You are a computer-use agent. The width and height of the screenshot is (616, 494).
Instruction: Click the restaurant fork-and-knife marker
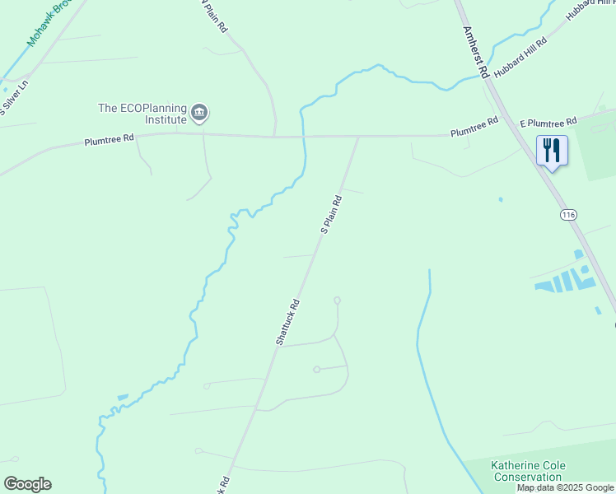[551, 151]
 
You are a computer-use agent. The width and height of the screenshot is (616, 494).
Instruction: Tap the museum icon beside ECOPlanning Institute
[199, 112]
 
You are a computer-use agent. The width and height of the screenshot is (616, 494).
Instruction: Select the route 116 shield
[567, 215]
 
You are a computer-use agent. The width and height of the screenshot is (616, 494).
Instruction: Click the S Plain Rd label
[331, 214]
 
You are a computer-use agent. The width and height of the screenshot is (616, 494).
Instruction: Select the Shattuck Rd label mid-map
[288, 321]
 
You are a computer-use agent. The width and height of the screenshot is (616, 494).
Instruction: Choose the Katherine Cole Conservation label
[527, 471]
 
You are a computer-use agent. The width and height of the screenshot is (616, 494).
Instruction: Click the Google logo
[27, 484]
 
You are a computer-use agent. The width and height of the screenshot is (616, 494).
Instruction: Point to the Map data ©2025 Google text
[566, 488]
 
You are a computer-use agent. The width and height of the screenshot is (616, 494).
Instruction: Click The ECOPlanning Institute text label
[142, 113]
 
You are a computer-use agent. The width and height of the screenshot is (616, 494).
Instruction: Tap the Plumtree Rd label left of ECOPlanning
[109, 141]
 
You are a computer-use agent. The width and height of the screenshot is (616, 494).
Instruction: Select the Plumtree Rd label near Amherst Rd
[474, 127]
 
